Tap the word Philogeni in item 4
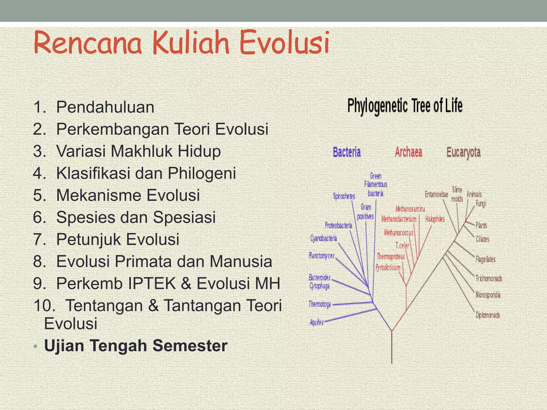pyautogui.click(x=202, y=173)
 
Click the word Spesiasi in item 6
pyautogui.click(x=184, y=217)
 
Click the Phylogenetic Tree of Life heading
pyautogui.click(x=405, y=106)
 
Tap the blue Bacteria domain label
pyautogui.click(x=347, y=152)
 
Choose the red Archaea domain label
pyautogui.click(x=408, y=152)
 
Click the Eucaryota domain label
pyautogui.click(x=463, y=152)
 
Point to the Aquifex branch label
pyautogui.click(x=317, y=322)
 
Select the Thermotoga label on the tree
pyautogui.click(x=320, y=304)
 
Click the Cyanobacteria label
pyautogui.click(x=323, y=238)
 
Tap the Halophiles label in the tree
pyautogui.click(x=435, y=219)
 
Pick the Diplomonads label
pyautogui.click(x=487, y=315)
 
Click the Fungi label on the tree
pyautogui.click(x=481, y=204)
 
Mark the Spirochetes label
pyautogui.click(x=344, y=196)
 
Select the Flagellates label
pyautogui.click(x=485, y=259)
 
